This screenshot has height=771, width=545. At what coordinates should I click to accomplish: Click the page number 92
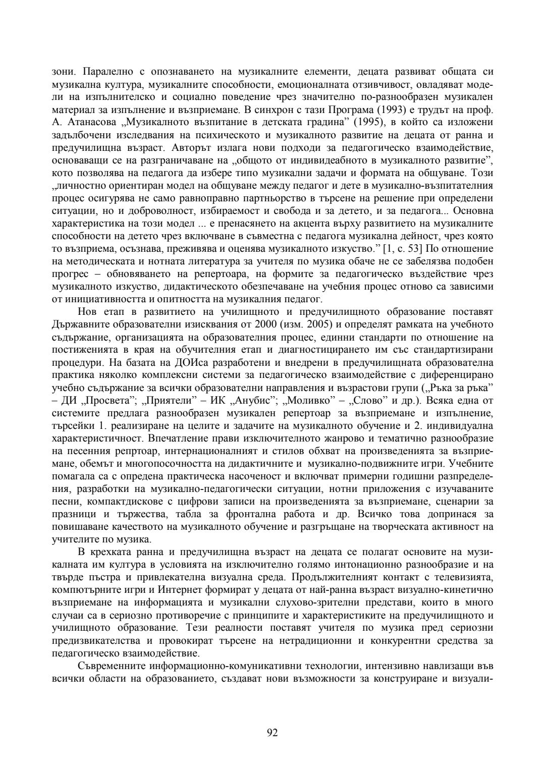[x=272, y=733]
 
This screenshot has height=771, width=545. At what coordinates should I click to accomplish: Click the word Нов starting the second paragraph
[x=84, y=311]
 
